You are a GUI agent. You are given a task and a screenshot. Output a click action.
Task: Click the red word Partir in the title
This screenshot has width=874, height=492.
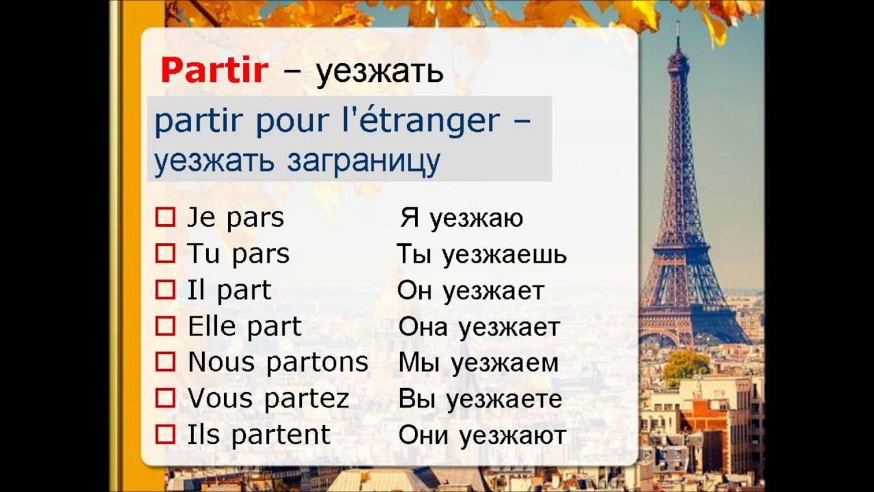tap(213, 70)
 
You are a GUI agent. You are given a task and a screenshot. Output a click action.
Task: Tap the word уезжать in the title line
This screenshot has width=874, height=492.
tap(379, 71)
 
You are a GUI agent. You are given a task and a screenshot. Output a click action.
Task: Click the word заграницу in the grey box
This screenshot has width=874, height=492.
tap(363, 161)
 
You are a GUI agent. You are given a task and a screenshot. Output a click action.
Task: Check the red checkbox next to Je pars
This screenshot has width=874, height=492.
tap(165, 218)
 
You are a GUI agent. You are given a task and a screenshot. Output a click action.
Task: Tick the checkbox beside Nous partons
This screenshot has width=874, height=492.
tap(165, 362)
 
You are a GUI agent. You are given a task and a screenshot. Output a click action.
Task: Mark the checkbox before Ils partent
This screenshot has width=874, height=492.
tap(165, 435)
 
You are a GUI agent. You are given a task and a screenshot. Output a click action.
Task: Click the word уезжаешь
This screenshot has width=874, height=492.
tap(504, 255)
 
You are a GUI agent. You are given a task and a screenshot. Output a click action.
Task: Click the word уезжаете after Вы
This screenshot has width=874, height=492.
tap(502, 399)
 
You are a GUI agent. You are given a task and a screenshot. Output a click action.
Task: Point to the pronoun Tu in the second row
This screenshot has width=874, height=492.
tap(203, 254)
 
